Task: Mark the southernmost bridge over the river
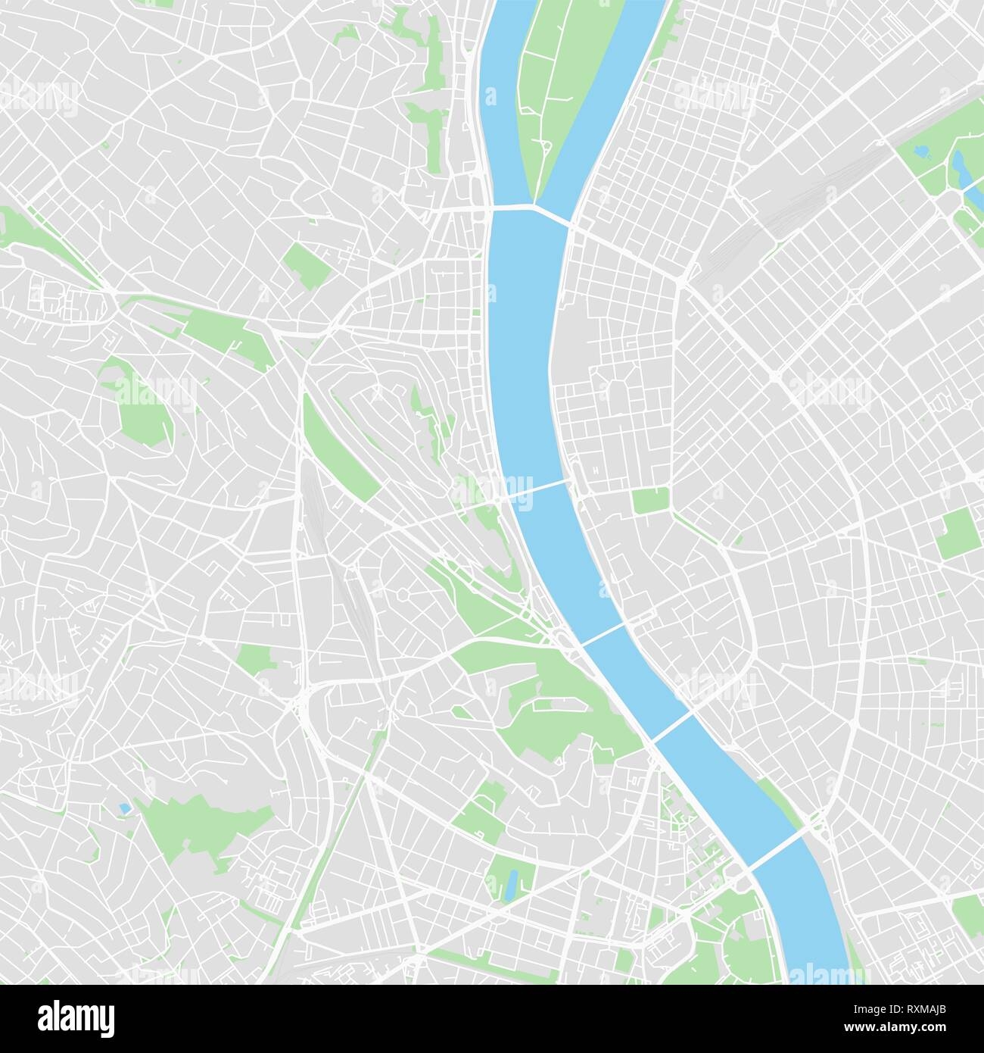(776, 847)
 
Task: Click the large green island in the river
(564, 83)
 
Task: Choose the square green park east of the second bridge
(650, 500)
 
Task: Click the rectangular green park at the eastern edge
(955, 534)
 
